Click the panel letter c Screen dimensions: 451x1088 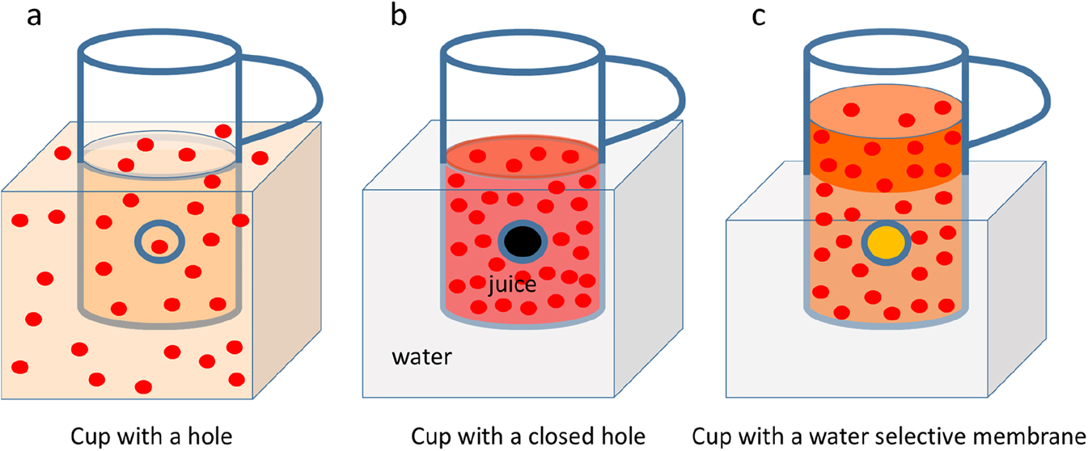pyautogui.click(x=759, y=17)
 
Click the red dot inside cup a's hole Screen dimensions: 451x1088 pyautogui.click(x=160, y=246)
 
